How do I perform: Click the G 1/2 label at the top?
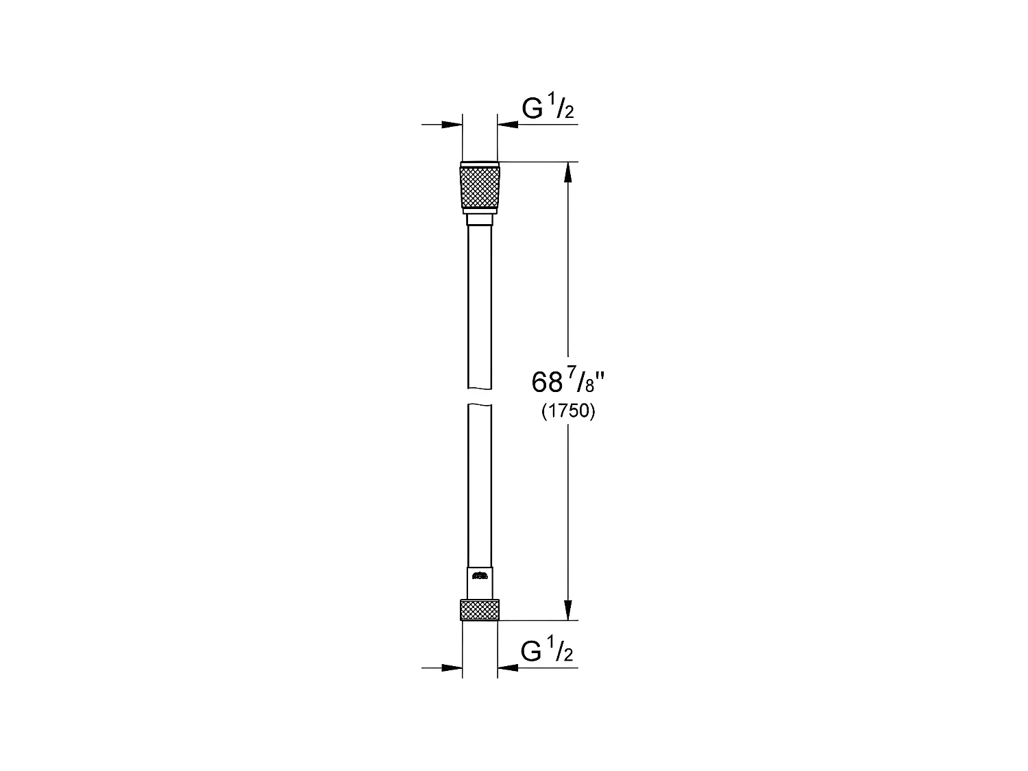[x=548, y=109]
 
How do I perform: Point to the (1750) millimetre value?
[x=568, y=411]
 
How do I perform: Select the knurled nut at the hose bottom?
[x=479, y=609]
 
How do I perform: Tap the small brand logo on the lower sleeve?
[x=480, y=576]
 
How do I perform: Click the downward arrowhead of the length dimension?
[x=567, y=609]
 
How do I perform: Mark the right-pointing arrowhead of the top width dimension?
[x=452, y=124]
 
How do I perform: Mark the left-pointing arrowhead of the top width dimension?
[x=509, y=124]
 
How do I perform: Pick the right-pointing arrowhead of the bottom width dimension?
[x=452, y=667]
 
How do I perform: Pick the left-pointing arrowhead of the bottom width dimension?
[x=509, y=667]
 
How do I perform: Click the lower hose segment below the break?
[x=479, y=487]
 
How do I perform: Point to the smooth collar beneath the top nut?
[x=479, y=219]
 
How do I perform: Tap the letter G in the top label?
[x=533, y=109]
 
